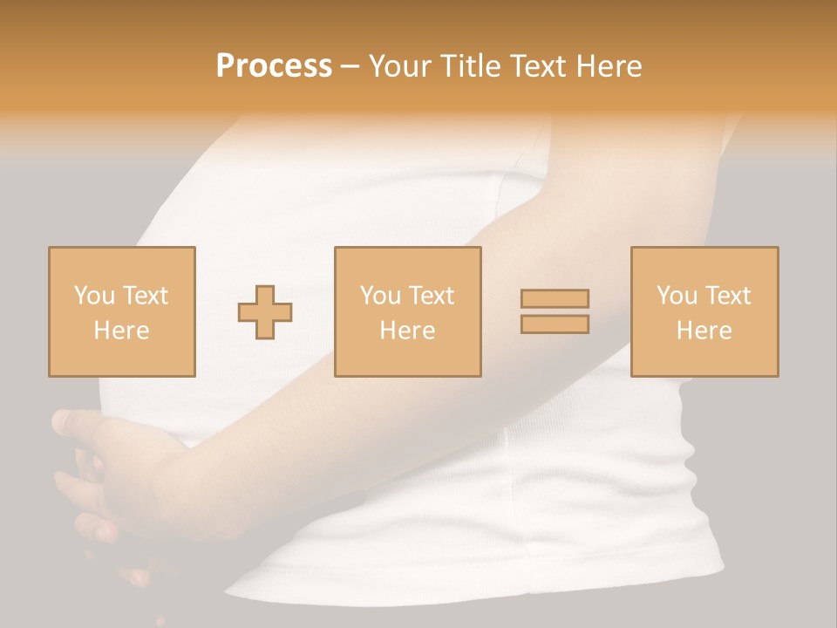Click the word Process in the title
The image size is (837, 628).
[274, 66]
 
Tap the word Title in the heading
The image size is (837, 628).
[470, 66]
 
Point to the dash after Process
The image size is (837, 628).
[350, 67]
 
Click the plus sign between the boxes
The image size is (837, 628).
[265, 312]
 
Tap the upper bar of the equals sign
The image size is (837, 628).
[555, 298]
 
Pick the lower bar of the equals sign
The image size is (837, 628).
[555, 324]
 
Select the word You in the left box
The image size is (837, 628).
[93, 296]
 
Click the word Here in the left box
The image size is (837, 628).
[121, 331]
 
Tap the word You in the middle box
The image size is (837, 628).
[379, 296]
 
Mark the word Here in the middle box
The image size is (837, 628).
[407, 331]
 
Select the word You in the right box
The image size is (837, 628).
[676, 296]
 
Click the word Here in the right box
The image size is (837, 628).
[704, 331]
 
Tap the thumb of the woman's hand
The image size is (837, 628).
[74, 424]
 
